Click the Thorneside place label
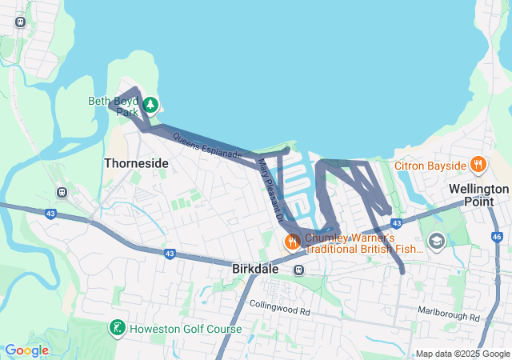coord(136,163)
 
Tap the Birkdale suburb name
coord(255,270)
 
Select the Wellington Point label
coord(478,194)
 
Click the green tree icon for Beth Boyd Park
coord(150,104)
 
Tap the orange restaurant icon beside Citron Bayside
coord(478,165)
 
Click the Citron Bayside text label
coord(430,166)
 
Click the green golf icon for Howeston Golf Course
coord(117,328)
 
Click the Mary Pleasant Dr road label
coord(270,189)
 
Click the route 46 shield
coord(497,237)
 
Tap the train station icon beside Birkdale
coord(298,270)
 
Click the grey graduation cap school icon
coord(436,240)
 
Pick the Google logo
coord(26,350)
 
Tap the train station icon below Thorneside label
coord(61,192)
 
